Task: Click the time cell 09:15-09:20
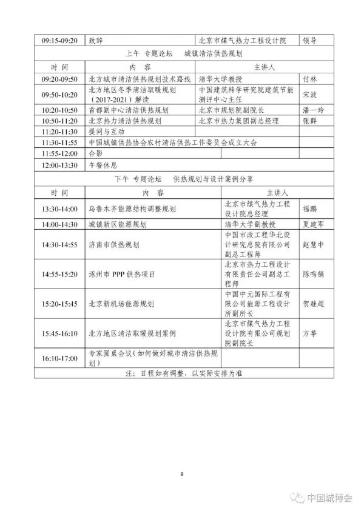(x=59, y=41)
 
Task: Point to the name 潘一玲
(x=313, y=110)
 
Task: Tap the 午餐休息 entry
(x=101, y=164)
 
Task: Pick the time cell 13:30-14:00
(x=59, y=209)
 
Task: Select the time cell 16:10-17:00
(x=59, y=359)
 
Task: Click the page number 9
(x=181, y=474)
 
